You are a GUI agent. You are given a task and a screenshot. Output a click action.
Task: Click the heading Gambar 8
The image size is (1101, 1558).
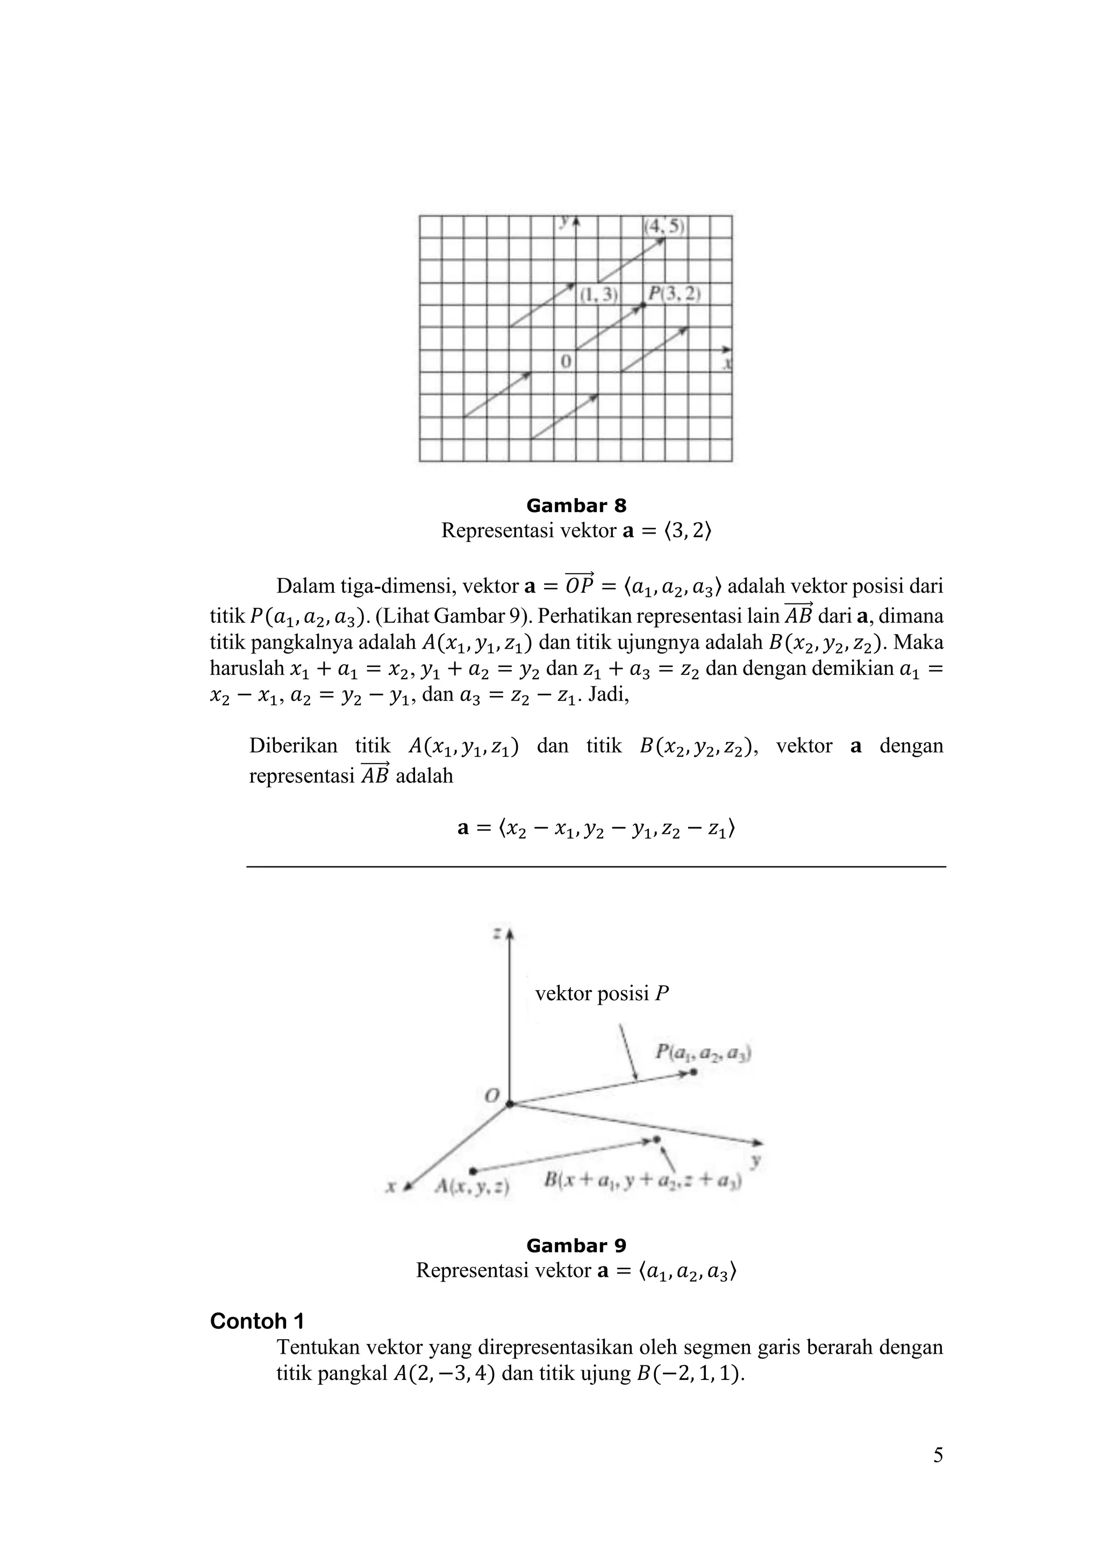coord(576,506)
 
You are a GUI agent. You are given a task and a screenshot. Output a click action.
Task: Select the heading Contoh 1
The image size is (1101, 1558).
coord(257,1321)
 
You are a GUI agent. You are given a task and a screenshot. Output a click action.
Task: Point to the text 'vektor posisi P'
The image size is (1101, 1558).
coord(602,994)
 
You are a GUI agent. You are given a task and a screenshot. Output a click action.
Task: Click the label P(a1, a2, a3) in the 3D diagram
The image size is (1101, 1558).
coord(702,1054)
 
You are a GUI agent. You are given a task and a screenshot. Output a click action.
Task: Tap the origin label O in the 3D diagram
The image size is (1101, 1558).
coord(492,1095)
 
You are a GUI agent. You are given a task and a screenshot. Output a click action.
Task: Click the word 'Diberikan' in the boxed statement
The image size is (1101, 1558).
coord(292,746)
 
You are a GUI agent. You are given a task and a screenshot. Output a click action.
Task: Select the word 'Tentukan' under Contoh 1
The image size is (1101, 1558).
coord(318,1347)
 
